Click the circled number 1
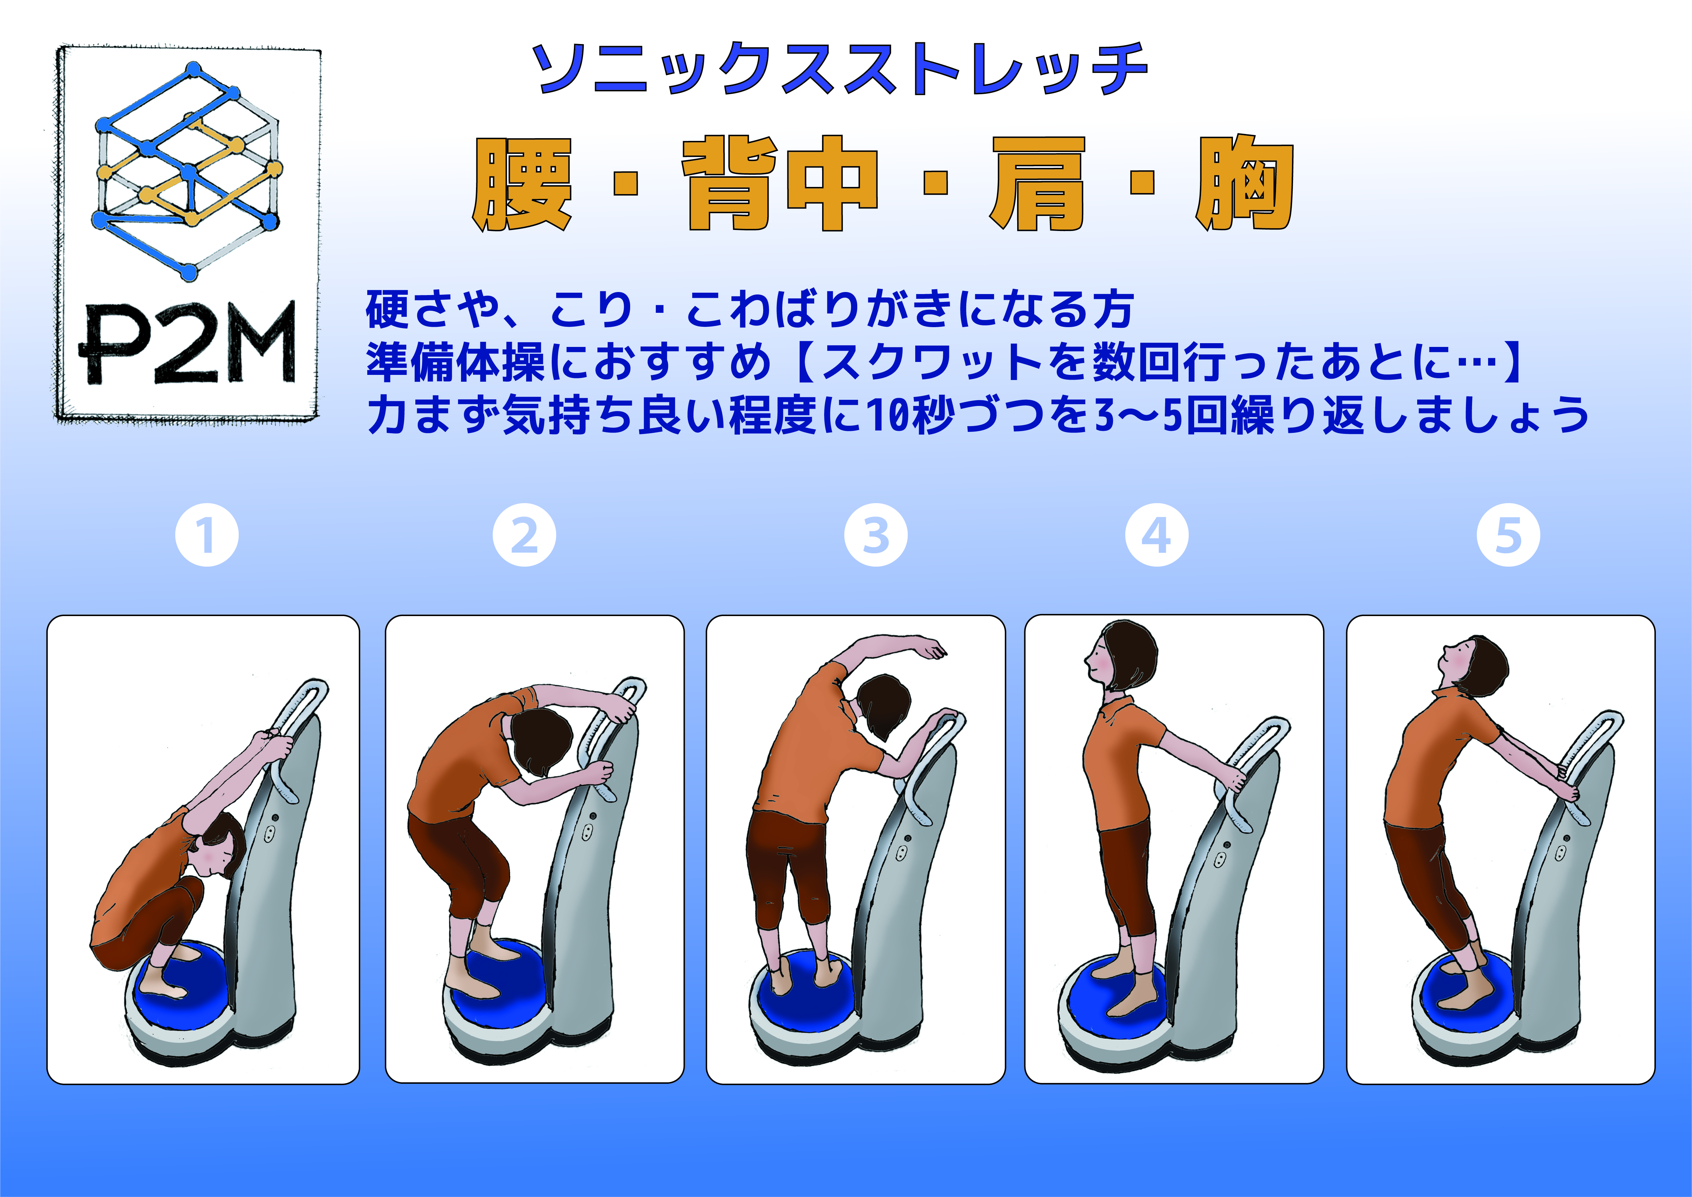[207, 535]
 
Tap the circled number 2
[524, 535]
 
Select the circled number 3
[875, 535]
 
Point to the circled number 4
[1156, 535]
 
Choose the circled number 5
[1509, 535]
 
